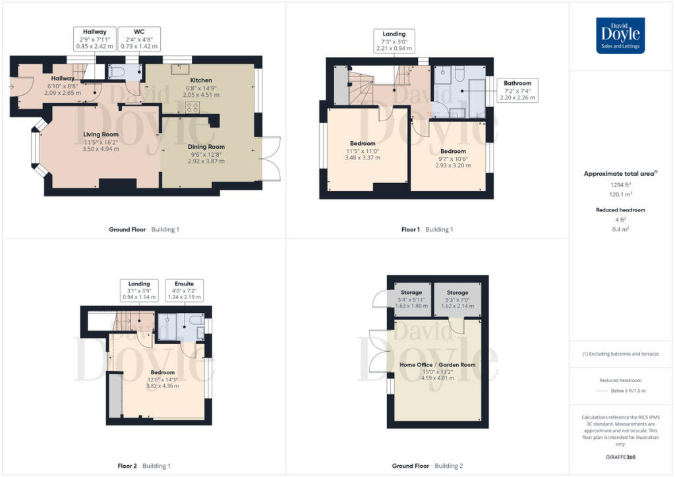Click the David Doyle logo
(x=620, y=36)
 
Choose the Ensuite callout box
(x=184, y=291)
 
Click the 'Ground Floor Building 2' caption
(x=427, y=466)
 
